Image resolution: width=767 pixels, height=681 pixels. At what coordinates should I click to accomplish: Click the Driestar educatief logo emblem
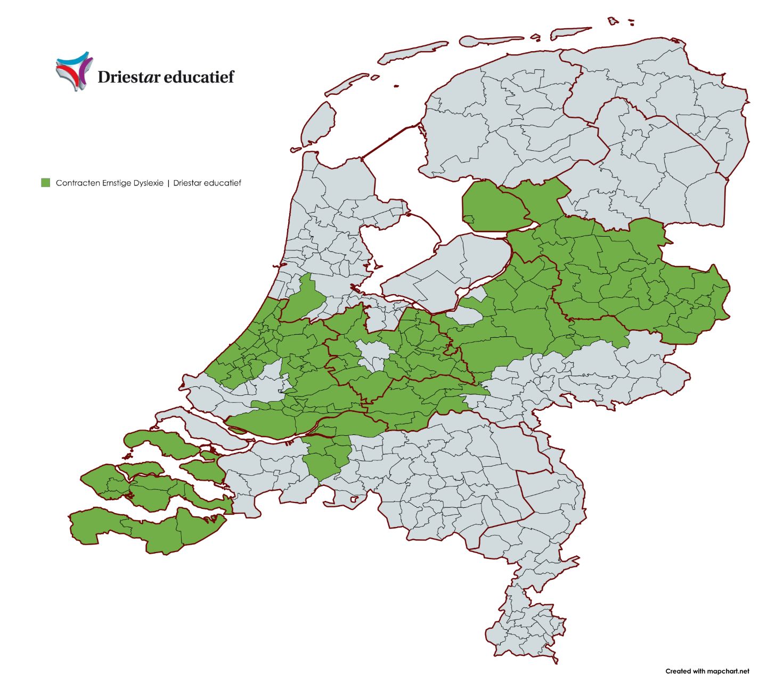pos(74,71)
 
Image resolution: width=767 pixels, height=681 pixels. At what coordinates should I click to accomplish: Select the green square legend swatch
pos(46,183)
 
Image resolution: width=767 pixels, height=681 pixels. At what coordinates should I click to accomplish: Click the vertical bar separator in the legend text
pos(168,183)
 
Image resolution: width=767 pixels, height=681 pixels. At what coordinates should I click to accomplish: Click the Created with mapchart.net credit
pos(707,671)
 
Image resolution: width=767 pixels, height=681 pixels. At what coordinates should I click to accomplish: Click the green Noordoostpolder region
pos(493,205)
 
